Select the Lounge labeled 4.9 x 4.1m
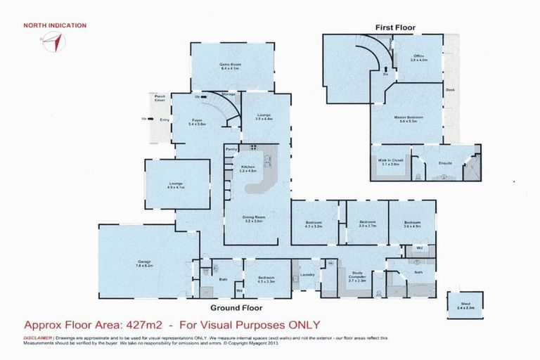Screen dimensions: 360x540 176,184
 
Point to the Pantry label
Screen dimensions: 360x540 231,150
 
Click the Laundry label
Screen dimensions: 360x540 306,275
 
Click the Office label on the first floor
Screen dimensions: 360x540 418,58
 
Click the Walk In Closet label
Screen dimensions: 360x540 390,162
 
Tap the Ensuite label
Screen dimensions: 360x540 444,162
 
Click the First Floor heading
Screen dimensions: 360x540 394,28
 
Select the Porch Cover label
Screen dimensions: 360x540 160,98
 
